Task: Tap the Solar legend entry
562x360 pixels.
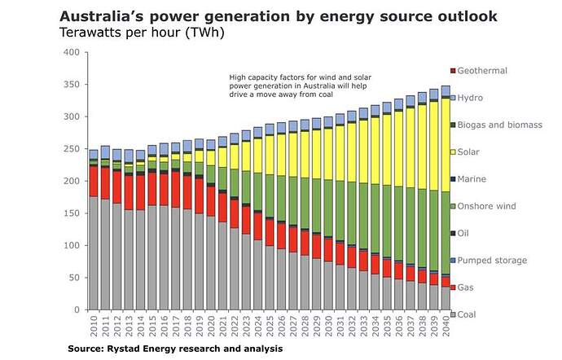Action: (x=468, y=152)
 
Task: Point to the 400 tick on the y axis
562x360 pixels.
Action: (x=72, y=53)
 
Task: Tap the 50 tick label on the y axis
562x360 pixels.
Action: (x=74, y=278)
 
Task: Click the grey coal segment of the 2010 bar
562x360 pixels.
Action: (x=94, y=252)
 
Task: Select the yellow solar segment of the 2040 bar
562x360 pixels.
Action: (x=445, y=122)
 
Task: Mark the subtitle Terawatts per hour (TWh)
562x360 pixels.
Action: (x=130, y=33)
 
